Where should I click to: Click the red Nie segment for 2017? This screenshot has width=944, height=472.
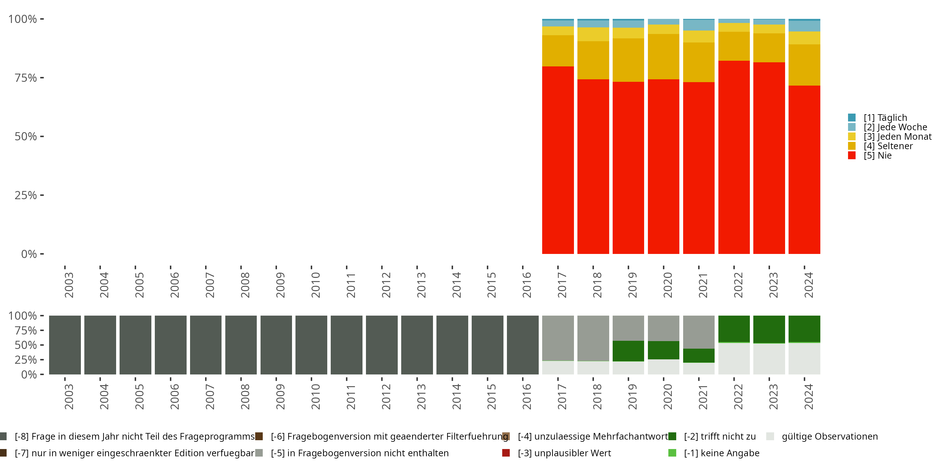[558, 160]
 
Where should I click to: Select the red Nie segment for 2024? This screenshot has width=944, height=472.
[804, 170]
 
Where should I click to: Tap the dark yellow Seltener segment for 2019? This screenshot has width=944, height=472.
[628, 60]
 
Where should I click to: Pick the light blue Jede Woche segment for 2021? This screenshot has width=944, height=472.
[699, 25]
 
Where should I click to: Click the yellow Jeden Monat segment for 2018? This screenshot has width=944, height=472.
[593, 34]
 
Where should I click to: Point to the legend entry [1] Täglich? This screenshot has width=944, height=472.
[885, 118]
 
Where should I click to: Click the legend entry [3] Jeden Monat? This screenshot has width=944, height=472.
[897, 137]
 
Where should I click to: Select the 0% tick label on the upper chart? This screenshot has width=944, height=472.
[29, 254]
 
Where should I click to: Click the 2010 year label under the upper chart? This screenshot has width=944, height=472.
[315, 285]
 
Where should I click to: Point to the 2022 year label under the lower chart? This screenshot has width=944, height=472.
[738, 396]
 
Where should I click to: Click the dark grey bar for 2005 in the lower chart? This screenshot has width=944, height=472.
[135, 345]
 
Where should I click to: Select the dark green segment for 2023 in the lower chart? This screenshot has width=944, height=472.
[769, 329]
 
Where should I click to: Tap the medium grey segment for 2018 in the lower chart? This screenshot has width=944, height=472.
[593, 338]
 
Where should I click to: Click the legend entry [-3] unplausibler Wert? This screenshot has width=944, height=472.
[564, 453]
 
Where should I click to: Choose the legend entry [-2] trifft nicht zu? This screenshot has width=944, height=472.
[719, 436]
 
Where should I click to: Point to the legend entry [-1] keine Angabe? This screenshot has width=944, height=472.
[721, 453]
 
